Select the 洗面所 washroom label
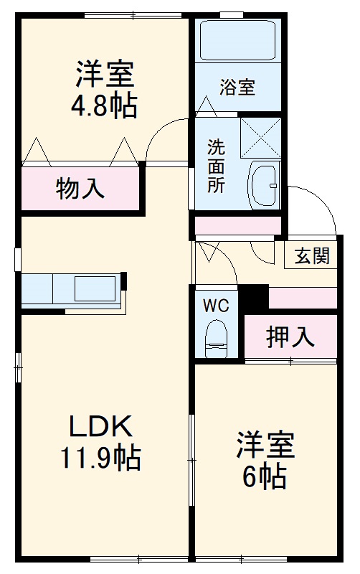point(216,166)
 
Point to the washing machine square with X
point(260,136)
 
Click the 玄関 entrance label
point(311,256)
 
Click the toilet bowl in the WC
point(216,338)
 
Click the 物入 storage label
point(80,189)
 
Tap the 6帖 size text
point(265,476)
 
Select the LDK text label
point(100,428)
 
